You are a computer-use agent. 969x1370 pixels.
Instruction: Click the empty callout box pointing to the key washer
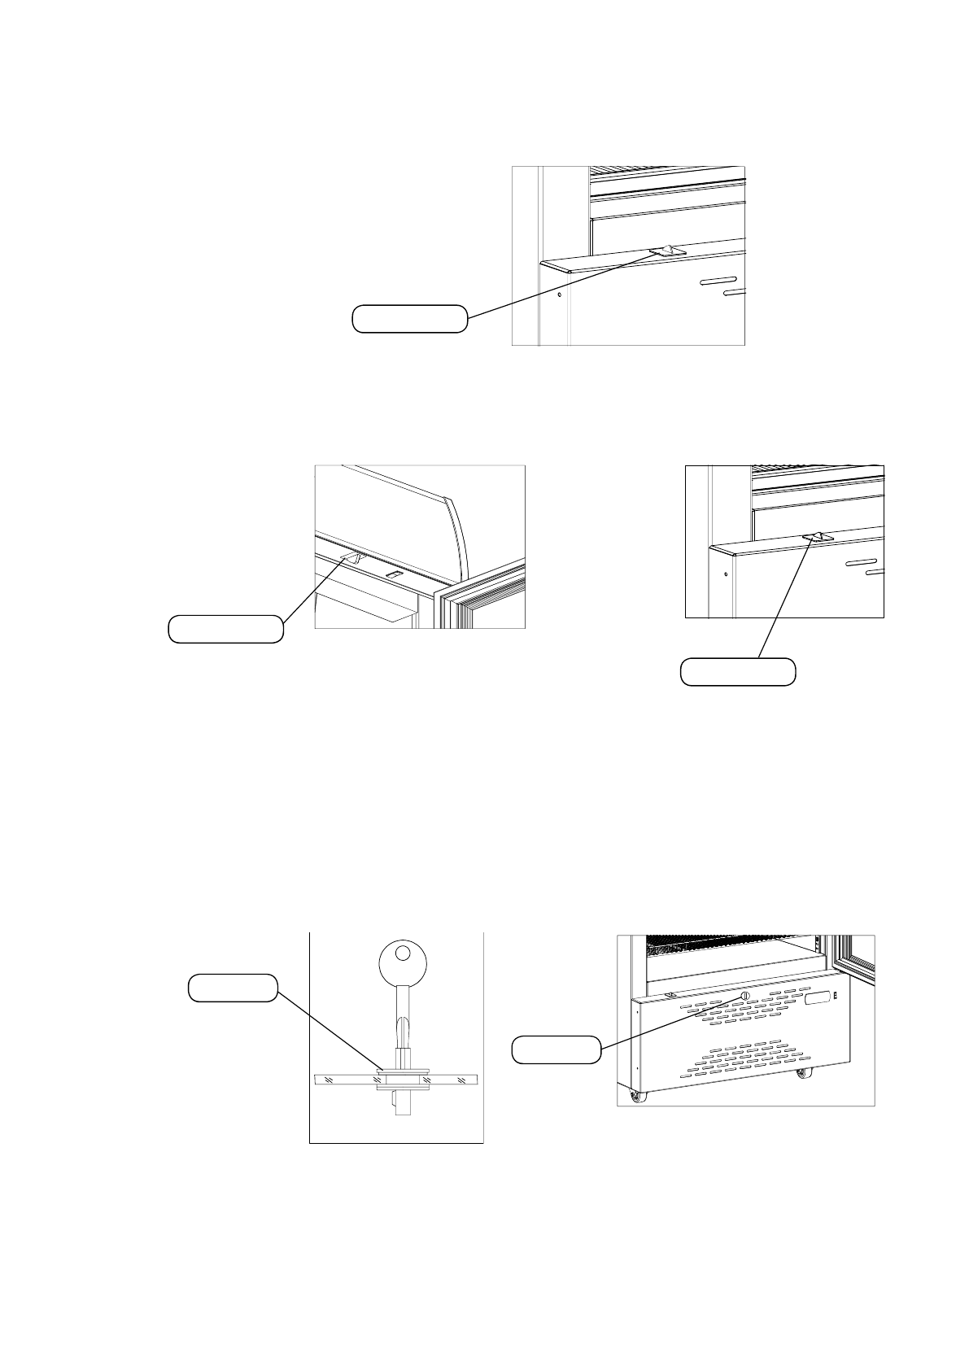click(232, 987)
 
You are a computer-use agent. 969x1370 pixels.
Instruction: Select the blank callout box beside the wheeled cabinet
click(556, 1049)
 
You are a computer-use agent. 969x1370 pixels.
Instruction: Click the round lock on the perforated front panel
click(744, 997)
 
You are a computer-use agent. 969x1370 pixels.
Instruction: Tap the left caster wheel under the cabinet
click(635, 1098)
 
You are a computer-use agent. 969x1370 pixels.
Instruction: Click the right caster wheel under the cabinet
click(803, 1075)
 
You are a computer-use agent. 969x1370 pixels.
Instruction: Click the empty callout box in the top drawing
click(409, 319)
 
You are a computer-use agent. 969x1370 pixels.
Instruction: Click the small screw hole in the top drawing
click(560, 294)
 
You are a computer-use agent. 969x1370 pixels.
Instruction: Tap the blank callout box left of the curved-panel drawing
click(225, 629)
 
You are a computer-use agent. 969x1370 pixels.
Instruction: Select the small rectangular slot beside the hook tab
click(393, 574)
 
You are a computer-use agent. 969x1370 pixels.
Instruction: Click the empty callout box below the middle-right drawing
click(737, 671)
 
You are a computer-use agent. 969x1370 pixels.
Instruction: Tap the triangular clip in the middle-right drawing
click(814, 538)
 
